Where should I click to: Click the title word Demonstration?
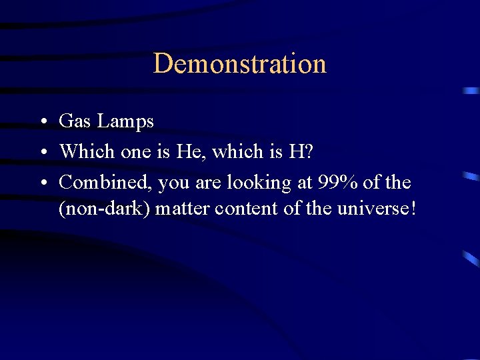[240, 64]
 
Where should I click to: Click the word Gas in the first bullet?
[75, 121]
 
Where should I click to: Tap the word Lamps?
[125, 122]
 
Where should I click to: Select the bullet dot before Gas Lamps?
[42, 123]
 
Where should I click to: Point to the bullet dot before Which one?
[42, 153]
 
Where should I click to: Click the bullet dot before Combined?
[42, 183]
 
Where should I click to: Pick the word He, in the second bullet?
[192, 151]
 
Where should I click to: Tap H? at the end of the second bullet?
[302, 151]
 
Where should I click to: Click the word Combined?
[105, 181]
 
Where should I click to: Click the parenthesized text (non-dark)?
[105, 209]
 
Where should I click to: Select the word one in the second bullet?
[137, 152]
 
